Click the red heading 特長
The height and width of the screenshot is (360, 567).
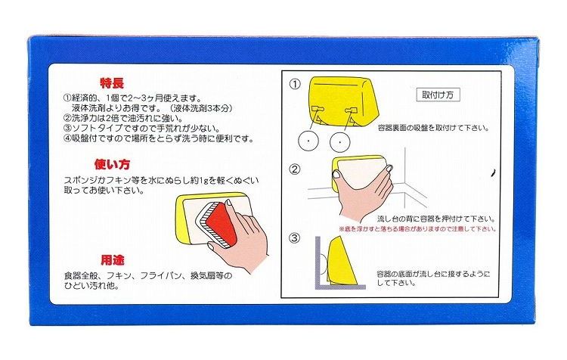[x=112, y=84]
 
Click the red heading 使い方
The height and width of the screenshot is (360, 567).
[x=112, y=165]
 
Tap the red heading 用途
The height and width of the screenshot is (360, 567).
[x=113, y=260]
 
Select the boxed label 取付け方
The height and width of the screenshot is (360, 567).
[x=438, y=95]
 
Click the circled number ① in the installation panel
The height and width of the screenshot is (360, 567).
[x=295, y=84]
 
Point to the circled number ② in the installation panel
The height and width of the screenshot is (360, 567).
[x=295, y=169]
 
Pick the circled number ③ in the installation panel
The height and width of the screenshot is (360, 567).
[x=295, y=237]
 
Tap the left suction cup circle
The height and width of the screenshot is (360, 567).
[x=308, y=140]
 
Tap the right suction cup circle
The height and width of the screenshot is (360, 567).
[x=340, y=142]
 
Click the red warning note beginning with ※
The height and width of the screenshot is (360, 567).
[x=417, y=229]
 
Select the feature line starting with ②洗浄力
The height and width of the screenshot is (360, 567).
[x=123, y=118]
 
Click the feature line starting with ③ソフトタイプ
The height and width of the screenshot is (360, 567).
[x=142, y=128]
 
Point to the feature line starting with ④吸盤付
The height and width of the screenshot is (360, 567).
[x=159, y=138]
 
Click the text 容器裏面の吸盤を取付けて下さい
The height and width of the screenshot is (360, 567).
[x=433, y=128]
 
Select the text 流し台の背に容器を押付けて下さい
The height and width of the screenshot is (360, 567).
[x=436, y=219]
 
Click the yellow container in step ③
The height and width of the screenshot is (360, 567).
[x=341, y=259]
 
